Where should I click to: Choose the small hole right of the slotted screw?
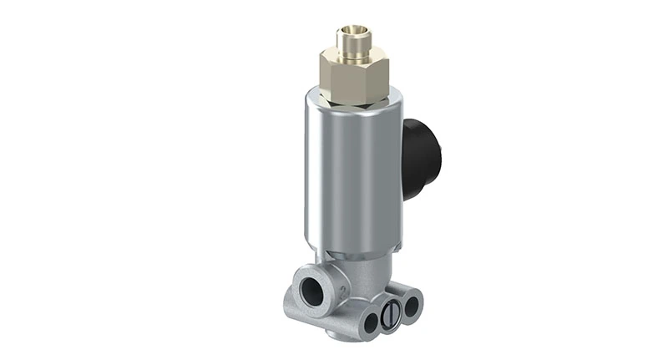tap(410, 306)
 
